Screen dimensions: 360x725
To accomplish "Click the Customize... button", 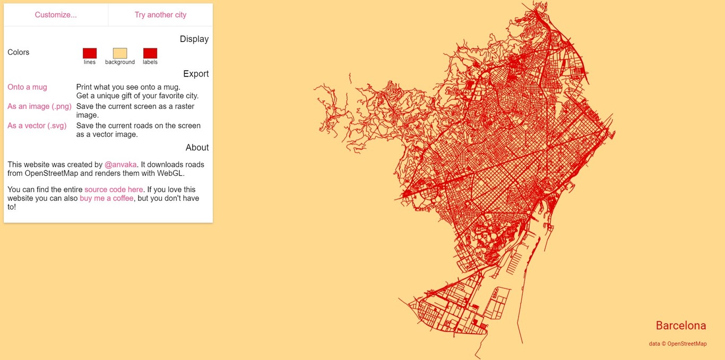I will point(56,15).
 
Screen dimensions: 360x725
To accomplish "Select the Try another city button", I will point(160,15).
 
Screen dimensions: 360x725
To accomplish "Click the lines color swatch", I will point(90,53).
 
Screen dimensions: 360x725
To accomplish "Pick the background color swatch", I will point(120,53).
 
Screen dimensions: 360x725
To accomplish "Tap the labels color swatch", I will point(150,53).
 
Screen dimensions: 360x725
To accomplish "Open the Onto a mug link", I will point(27,87).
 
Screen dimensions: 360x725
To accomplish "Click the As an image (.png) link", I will point(39,107).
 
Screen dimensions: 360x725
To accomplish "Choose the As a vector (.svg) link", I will point(37,126).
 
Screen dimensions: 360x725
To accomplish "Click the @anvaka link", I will point(120,165).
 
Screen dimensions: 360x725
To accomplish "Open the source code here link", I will point(114,190).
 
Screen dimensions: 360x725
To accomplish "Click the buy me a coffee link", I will point(107,198).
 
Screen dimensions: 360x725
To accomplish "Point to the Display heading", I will point(194,39).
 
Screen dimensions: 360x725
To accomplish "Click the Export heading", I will point(196,74).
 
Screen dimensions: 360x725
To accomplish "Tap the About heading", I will point(197,148).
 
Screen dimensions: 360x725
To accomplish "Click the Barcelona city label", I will point(681,325).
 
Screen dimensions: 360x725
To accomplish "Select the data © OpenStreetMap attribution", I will point(678,344).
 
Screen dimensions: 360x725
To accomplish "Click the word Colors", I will point(19,53).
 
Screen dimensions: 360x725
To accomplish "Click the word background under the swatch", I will point(120,62).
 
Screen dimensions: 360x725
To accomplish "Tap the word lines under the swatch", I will point(90,62).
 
